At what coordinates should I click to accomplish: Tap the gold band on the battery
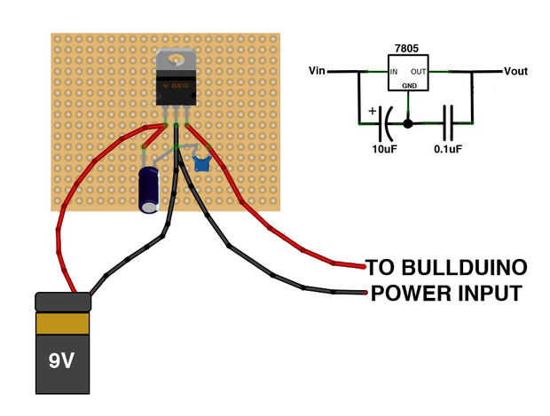[x=63, y=322]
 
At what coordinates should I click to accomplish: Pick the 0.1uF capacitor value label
[x=448, y=148]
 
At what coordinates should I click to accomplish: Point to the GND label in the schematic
[x=409, y=85]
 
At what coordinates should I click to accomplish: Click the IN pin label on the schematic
[x=394, y=70]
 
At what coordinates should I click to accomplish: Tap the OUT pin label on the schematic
[x=418, y=70]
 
